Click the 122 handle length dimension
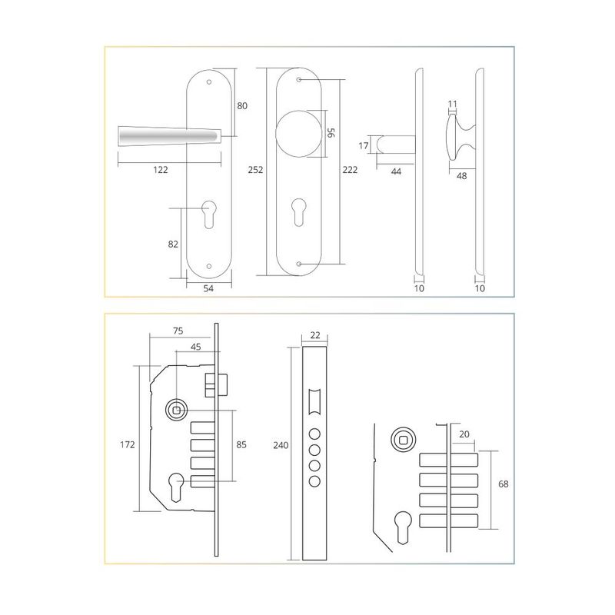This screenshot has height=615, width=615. [161, 170]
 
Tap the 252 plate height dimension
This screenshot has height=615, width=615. [255, 170]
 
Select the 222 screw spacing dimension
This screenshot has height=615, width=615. [350, 170]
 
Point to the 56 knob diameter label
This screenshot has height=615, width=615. [331, 132]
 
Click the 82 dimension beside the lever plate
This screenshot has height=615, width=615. [173, 244]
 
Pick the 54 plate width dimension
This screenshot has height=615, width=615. [208, 288]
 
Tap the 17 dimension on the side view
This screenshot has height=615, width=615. [364, 146]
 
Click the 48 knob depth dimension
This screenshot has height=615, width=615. [462, 176]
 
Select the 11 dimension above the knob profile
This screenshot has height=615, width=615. [452, 104]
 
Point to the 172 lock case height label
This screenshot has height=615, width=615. [127, 445]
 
